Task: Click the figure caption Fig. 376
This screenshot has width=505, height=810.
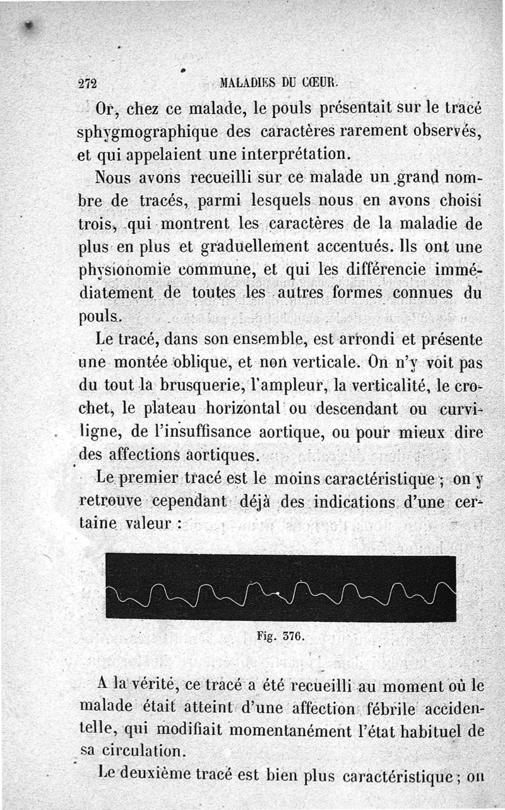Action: coord(281,636)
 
